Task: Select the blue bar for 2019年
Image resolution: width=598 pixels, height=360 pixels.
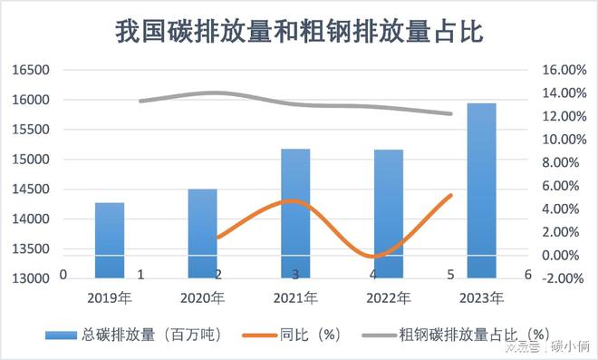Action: tap(110, 240)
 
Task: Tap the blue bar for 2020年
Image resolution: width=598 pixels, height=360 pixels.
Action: tap(203, 233)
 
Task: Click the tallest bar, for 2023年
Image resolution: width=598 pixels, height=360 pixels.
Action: tap(481, 190)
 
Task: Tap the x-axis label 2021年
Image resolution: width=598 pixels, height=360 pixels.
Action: tap(295, 297)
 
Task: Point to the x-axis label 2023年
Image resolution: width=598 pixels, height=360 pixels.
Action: tap(481, 297)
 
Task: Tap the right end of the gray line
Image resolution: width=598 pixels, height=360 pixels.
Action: tap(451, 113)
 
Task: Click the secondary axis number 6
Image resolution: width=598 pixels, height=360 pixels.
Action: tap(527, 274)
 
